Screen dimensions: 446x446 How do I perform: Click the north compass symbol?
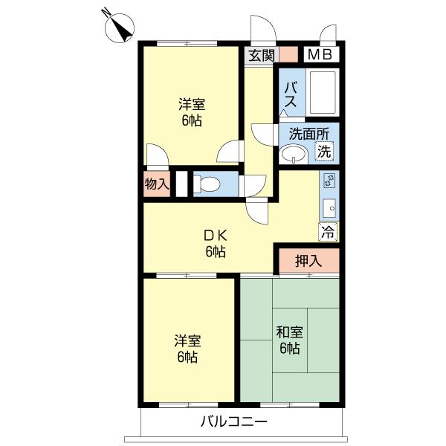(x=119, y=28)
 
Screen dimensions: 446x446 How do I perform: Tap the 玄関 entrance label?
(x=262, y=56)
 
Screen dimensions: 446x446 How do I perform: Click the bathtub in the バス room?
(x=323, y=92)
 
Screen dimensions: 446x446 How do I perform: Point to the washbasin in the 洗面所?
(x=294, y=155)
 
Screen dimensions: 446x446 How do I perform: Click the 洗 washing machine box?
(x=324, y=151)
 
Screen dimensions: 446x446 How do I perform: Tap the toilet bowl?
(x=207, y=184)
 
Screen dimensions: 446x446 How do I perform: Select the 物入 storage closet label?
(x=157, y=184)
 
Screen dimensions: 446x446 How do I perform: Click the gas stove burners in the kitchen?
(x=330, y=180)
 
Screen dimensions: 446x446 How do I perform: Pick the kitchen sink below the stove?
(x=330, y=208)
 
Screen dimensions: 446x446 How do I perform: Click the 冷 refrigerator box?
(x=328, y=232)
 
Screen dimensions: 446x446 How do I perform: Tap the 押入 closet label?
(x=308, y=260)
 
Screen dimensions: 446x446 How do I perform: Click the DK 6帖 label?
(x=216, y=243)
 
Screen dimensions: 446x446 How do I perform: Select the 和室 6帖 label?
(x=290, y=340)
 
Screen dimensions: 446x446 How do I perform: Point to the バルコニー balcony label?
(x=234, y=421)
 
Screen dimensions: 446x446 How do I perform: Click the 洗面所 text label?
(x=309, y=134)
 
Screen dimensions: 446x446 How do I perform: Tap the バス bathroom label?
(x=291, y=94)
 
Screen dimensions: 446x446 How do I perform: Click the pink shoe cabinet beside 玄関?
(x=288, y=54)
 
